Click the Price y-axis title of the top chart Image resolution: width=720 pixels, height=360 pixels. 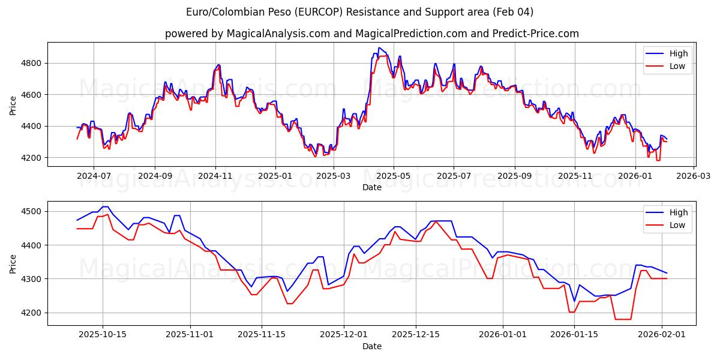[x=13, y=104]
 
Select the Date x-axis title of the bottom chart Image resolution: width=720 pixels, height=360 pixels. [x=371, y=346]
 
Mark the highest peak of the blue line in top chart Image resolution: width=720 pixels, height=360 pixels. [x=379, y=48]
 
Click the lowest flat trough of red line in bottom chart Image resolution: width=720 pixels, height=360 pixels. [x=623, y=319]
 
